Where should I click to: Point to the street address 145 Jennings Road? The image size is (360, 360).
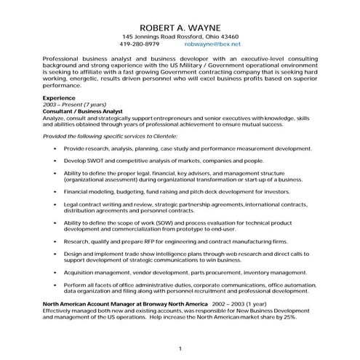tap(149, 36)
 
